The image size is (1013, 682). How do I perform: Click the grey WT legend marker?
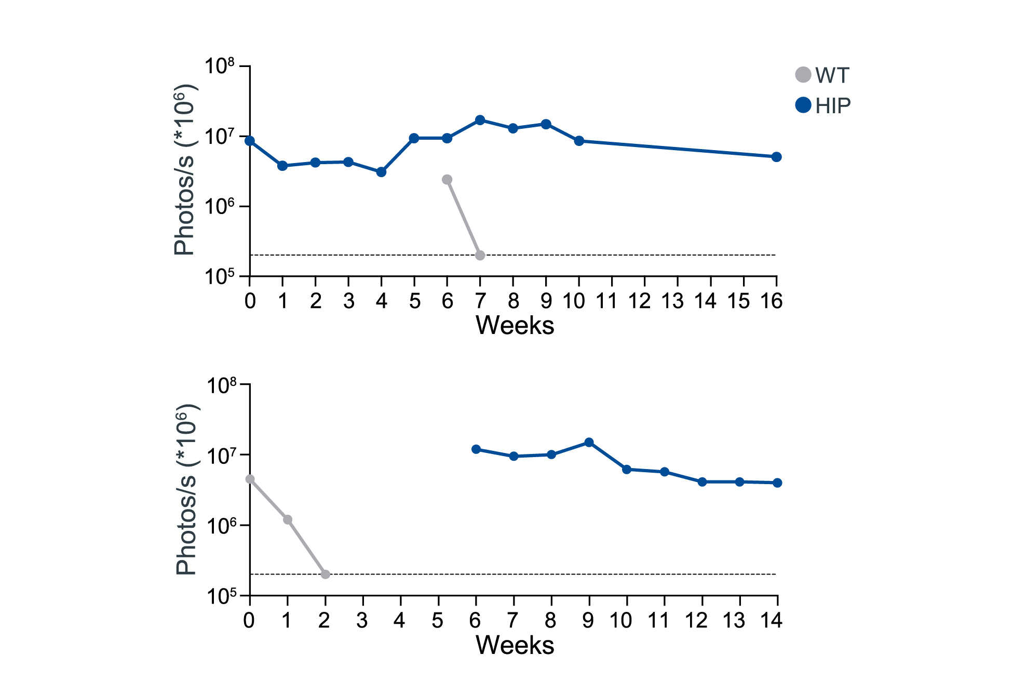pos(803,75)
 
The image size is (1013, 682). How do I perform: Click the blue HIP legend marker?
pos(803,105)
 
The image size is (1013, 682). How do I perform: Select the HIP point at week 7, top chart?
pos(480,120)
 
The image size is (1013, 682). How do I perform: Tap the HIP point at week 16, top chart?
pos(776,157)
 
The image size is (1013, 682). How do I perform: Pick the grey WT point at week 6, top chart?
pos(447,180)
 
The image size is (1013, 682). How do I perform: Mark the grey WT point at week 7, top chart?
pos(480,255)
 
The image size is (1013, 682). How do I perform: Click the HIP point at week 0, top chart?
pos(250,141)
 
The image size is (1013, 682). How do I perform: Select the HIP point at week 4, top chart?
pos(381,172)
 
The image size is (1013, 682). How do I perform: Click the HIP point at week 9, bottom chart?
pos(589,443)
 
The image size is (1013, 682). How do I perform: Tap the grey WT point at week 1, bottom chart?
pos(288,519)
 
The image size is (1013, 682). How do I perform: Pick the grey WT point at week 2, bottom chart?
pos(325,574)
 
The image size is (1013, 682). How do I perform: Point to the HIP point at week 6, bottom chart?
pos(476,449)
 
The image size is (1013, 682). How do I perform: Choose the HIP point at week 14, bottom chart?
pos(777,483)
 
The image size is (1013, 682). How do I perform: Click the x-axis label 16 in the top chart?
pos(772,301)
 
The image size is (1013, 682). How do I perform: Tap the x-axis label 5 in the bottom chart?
pos(438,620)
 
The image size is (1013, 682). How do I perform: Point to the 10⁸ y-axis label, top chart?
pos(220,67)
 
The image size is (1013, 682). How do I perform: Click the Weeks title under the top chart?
pos(515,326)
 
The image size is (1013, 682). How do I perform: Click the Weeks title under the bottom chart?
pos(515,645)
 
